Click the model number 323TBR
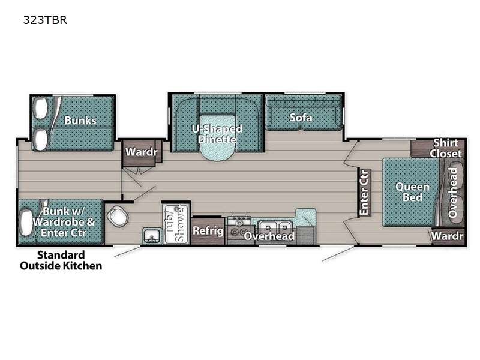(x=45, y=20)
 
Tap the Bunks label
(x=80, y=121)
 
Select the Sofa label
(x=301, y=118)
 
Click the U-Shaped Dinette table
(x=217, y=138)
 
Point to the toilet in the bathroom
(x=118, y=216)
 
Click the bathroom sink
(x=152, y=236)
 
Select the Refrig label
(x=208, y=230)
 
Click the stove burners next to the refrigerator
(x=239, y=227)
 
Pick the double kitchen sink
(x=275, y=227)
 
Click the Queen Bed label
(x=412, y=192)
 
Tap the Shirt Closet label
(x=445, y=148)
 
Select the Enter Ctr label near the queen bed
(x=364, y=193)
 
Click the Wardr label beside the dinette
(x=141, y=152)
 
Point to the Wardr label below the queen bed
(x=447, y=236)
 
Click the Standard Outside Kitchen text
(x=61, y=260)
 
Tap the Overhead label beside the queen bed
(x=452, y=193)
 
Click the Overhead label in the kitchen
(x=269, y=236)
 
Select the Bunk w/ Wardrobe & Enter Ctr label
(x=64, y=222)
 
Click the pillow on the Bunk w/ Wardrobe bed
(x=26, y=222)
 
